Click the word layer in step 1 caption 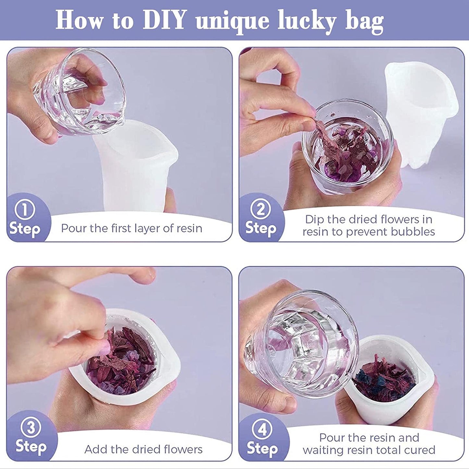pyautogui.click(x=146, y=229)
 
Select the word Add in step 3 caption pyautogui.click(x=94, y=449)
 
